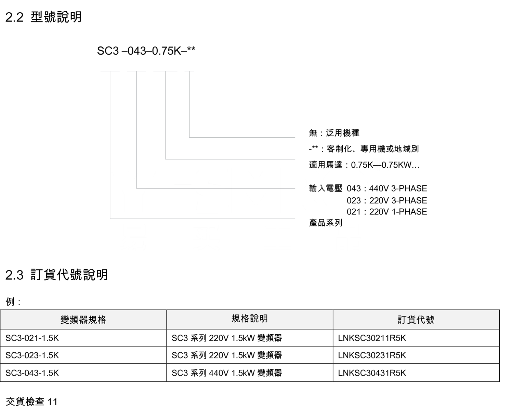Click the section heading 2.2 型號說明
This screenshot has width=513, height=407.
point(43,17)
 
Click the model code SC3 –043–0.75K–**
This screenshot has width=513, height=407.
point(146,51)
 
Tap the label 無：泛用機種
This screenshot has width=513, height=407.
point(334,133)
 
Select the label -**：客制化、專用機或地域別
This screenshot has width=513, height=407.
point(364,149)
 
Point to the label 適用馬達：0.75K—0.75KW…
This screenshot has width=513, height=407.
point(364,165)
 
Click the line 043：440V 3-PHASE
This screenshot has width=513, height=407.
point(387,188)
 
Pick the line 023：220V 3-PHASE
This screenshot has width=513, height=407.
point(387,200)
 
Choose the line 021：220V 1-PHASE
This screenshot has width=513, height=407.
point(387,212)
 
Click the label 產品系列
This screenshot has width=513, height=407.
point(326,223)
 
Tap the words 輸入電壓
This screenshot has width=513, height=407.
point(326,188)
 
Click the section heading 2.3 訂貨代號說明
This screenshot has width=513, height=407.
point(56,275)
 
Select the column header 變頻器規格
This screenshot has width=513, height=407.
point(83,320)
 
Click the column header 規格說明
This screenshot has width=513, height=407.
point(250,319)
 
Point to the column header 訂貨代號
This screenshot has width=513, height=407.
point(416,320)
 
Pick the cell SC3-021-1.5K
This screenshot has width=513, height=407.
point(32,338)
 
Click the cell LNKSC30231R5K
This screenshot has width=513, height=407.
point(372,355)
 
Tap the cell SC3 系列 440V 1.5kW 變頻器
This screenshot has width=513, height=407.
point(227,373)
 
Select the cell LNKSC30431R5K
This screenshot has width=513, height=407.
point(372,373)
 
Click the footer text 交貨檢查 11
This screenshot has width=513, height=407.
point(32,402)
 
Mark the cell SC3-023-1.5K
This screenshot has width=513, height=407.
point(32,355)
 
